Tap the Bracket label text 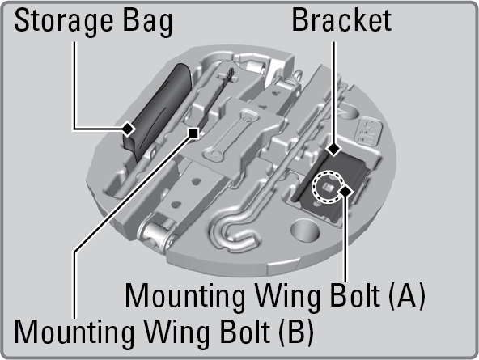[x=341, y=20]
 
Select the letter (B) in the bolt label [x=295, y=332]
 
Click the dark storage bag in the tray [x=156, y=112]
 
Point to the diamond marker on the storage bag [x=128, y=129]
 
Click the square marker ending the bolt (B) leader [x=193, y=133]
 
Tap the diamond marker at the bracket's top [x=333, y=150]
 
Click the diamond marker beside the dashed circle [x=345, y=191]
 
